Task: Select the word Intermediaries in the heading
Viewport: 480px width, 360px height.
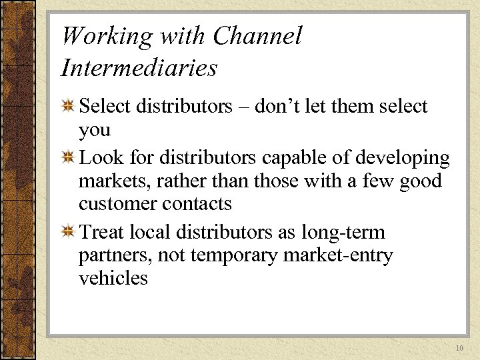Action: (139, 67)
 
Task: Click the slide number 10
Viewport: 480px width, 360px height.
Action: (459, 349)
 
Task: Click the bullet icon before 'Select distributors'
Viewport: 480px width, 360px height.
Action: (67, 107)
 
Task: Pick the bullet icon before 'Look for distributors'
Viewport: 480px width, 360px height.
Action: (67, 159)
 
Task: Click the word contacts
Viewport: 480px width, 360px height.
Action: (199, 203)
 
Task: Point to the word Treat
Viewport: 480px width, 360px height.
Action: (101, 233)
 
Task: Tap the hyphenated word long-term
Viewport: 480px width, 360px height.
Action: (343, 233)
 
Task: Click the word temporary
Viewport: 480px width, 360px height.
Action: (246, 256)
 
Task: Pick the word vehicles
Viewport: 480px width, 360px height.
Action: (113, 277)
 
